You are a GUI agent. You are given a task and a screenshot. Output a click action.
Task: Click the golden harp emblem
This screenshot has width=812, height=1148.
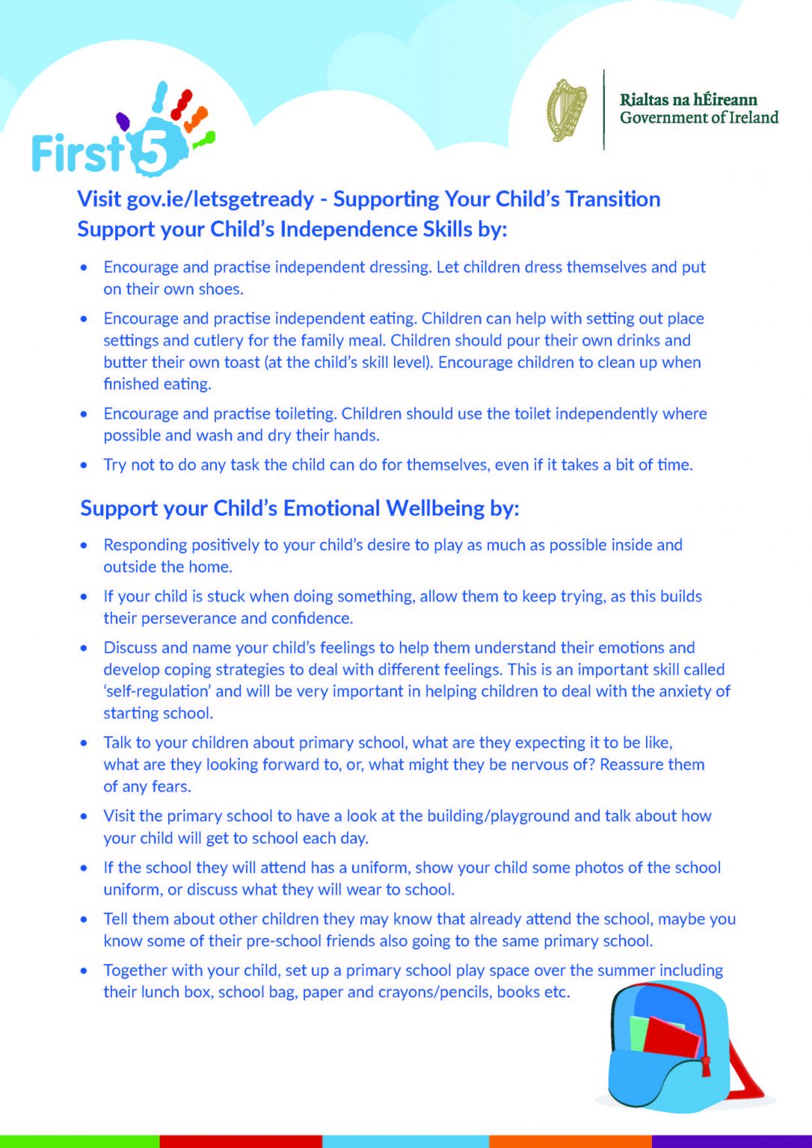point(566,110)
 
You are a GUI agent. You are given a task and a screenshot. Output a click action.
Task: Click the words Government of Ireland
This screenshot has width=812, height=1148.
point(698,118)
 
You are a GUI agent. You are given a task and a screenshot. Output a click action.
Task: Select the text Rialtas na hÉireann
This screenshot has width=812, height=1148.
point(688,100)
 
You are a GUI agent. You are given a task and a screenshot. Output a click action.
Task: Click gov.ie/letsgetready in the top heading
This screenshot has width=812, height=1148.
point(220,200)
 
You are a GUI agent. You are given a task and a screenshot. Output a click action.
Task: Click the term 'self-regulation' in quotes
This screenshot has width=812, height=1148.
point(157,691)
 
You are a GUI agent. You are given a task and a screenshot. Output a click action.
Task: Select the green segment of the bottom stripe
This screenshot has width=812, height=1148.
point(79,1141)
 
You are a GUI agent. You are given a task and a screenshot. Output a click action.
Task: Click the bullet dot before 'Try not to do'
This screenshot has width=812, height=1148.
point(84,466)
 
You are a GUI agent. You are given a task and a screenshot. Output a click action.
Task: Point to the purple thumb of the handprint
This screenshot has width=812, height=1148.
point(123,121)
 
